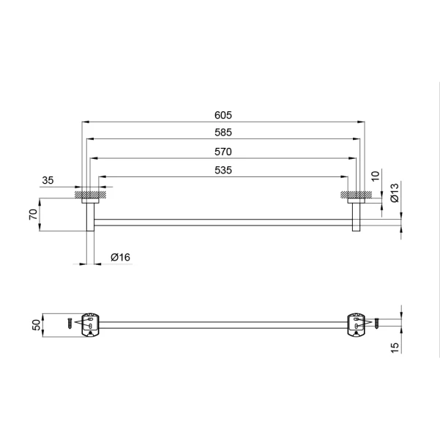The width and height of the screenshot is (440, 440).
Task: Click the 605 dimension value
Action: point(223,116)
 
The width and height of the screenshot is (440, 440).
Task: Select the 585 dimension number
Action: point(223,133)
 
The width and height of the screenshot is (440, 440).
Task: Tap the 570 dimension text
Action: point(223,152)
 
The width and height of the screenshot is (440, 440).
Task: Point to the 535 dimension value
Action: point(223,171)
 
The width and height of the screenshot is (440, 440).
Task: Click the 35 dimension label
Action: point(48,180)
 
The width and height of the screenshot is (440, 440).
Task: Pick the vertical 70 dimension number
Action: point(34,215)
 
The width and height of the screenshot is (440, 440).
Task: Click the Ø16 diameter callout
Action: point(120,257)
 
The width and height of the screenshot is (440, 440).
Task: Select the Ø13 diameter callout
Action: point(395,193)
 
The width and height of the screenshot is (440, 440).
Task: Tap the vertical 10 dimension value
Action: point(375,176)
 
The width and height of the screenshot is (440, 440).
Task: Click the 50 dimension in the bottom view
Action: point(37,325)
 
